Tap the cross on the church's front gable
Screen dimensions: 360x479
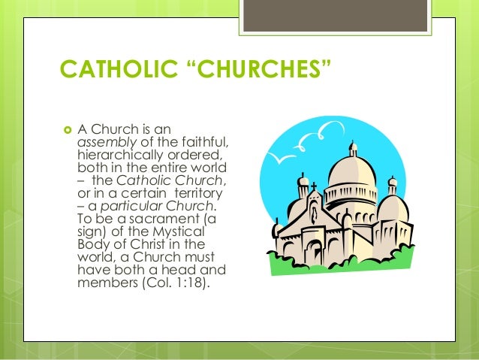tap(315, 185)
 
